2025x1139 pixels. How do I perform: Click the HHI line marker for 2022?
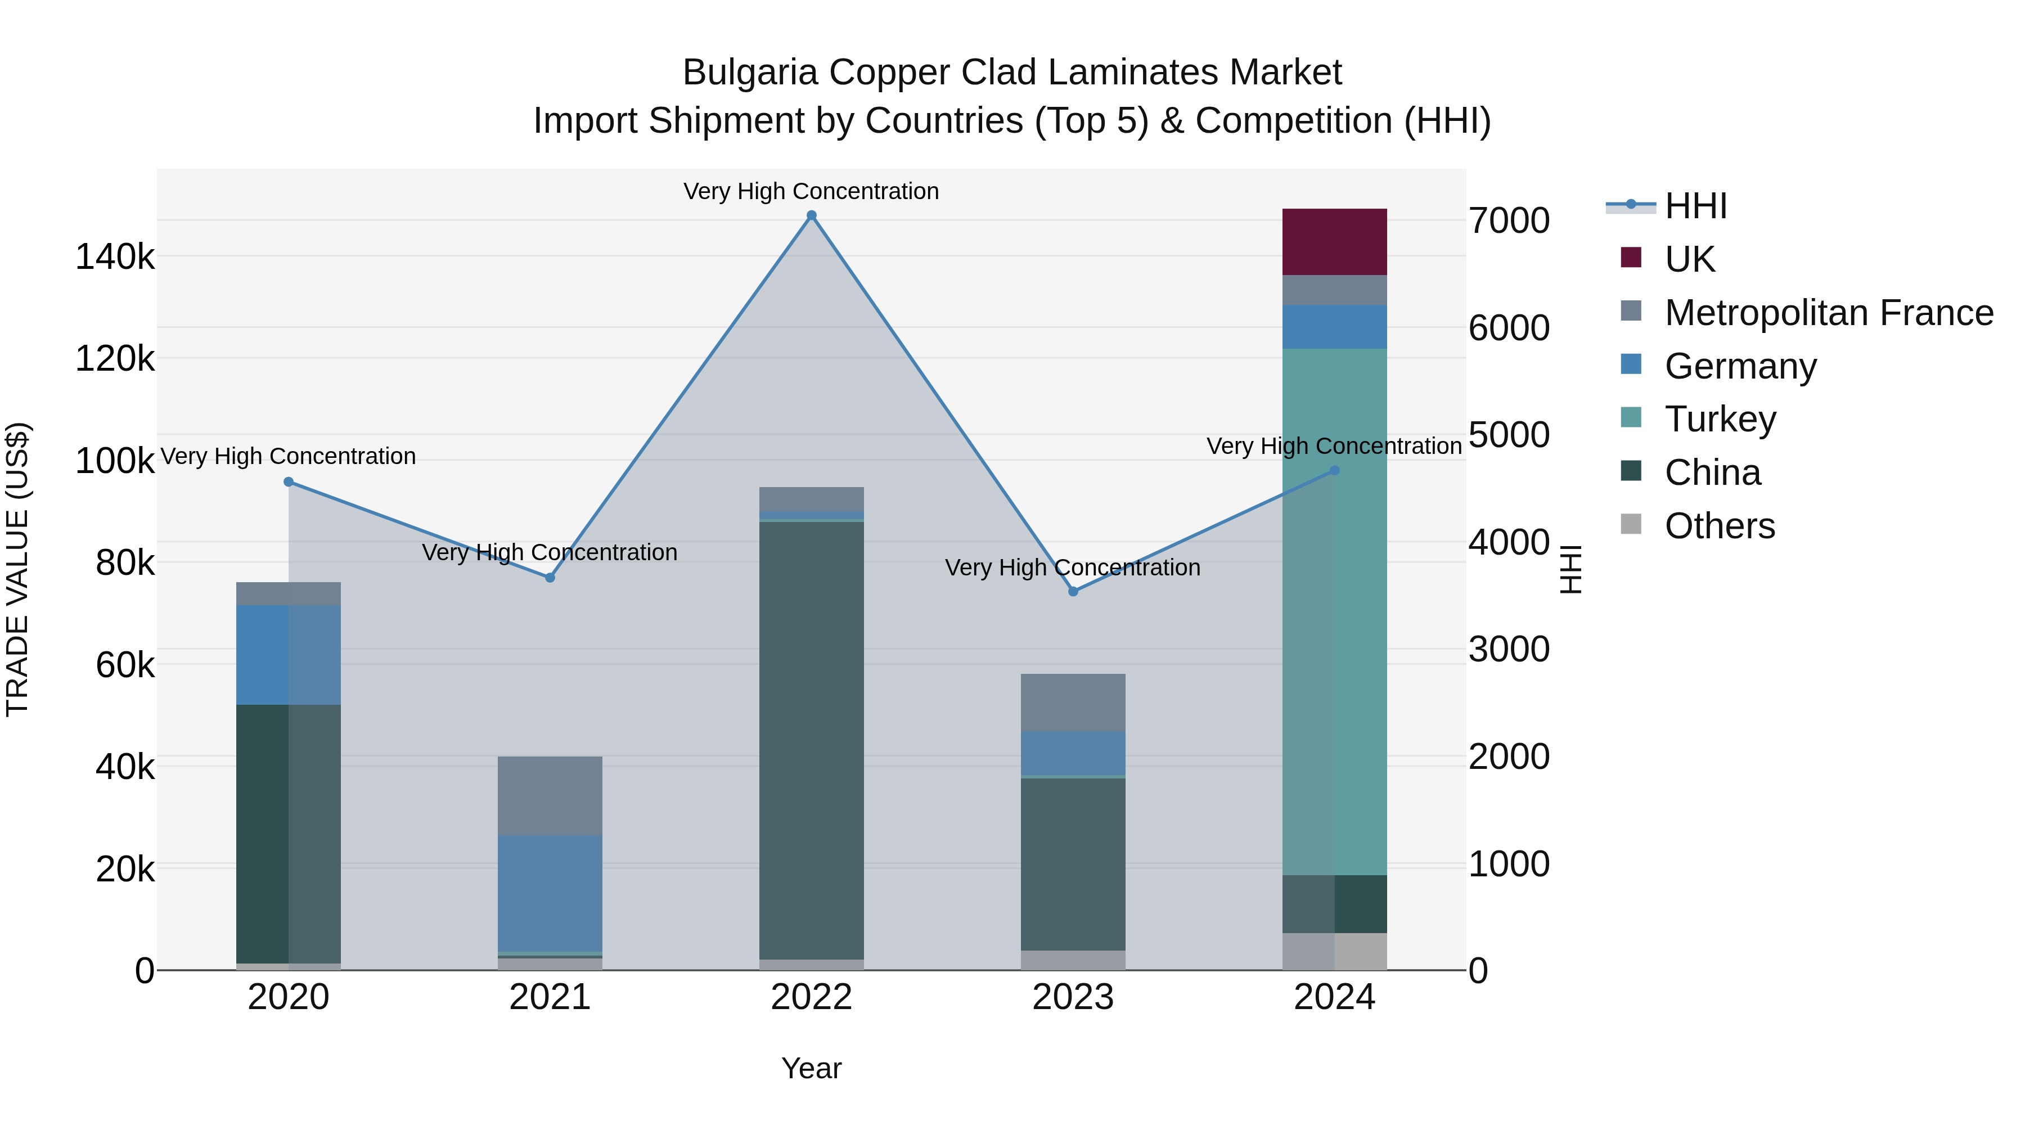811,215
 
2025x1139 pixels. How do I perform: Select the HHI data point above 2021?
550,578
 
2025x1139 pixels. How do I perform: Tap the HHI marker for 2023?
1073,591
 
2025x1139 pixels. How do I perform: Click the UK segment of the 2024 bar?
1334,242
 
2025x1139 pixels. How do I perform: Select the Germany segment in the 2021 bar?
550,893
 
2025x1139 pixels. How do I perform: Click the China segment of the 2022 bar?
811,739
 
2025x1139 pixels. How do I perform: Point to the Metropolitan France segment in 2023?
1073,703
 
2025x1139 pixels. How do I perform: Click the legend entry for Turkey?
1720,419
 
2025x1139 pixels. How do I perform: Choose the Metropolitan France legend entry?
1829,313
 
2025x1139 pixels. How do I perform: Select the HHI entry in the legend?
1695,206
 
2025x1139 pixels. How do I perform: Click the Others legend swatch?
1631,524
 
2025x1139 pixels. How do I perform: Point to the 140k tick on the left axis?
115,257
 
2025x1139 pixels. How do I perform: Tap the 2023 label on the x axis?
1073,997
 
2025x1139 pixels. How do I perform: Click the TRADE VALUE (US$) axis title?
17,569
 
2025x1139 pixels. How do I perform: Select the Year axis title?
811,1068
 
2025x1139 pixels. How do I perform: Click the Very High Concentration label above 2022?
811,191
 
